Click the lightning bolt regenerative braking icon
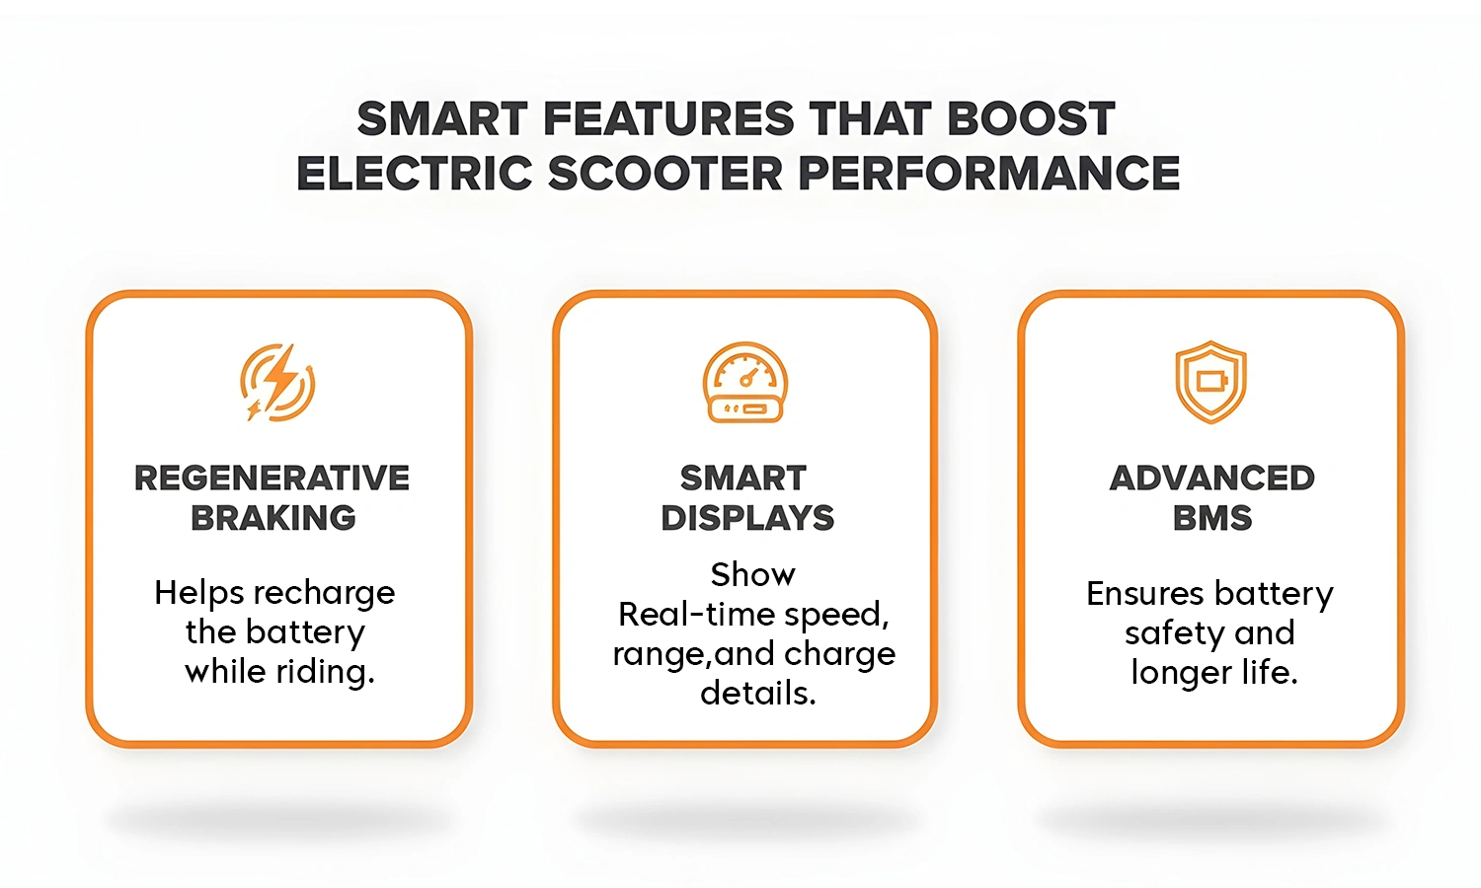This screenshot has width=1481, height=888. [277, 383]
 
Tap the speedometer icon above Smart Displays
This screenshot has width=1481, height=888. [745, 383]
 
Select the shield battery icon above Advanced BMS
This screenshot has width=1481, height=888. [1210, 383]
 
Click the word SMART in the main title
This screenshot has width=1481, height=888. [442, 119]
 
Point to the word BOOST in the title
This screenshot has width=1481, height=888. [1031, 119]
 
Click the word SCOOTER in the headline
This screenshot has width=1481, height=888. [665, 174]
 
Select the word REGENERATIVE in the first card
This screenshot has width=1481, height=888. [273, 479]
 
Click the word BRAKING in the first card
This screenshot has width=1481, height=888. [273, 518]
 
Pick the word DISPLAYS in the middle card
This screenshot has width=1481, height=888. [747, 518]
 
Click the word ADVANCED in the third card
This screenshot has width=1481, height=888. [1212, 479]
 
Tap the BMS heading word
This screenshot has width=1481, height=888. [1212, 518]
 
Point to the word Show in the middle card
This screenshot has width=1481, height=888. [752, 574]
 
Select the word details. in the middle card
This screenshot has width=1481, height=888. [758, 694]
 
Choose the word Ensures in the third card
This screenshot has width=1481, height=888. [1145, 594]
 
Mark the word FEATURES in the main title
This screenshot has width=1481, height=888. [668, 119]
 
